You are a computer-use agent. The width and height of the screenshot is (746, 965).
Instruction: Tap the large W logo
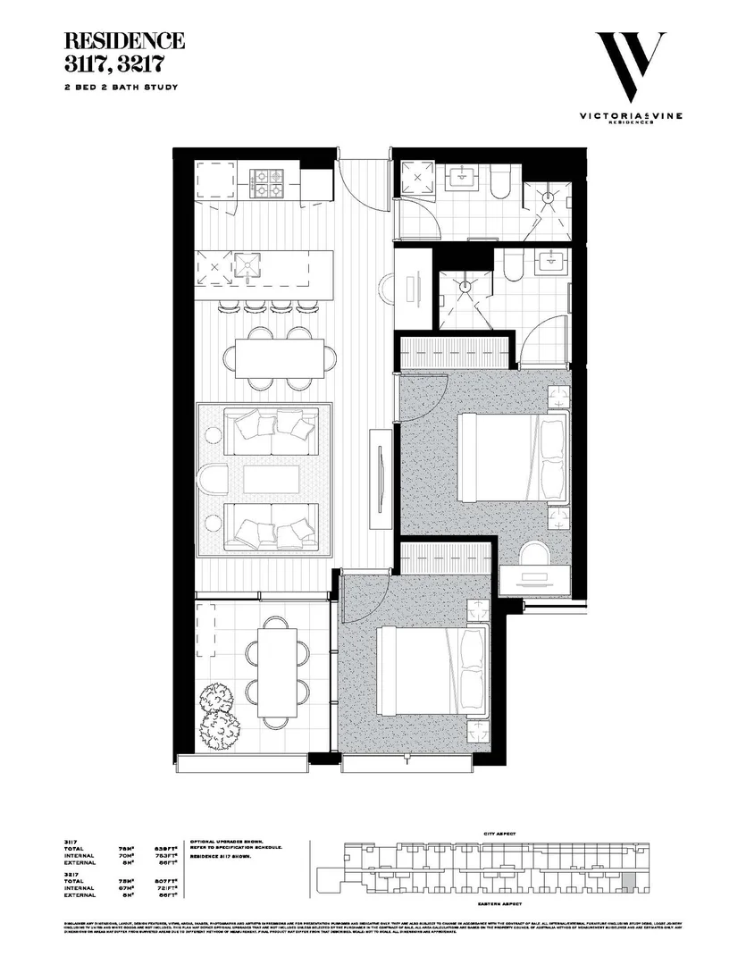[x=631, y=68]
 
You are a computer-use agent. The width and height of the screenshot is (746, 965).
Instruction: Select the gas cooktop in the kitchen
[x=267, y=183]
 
